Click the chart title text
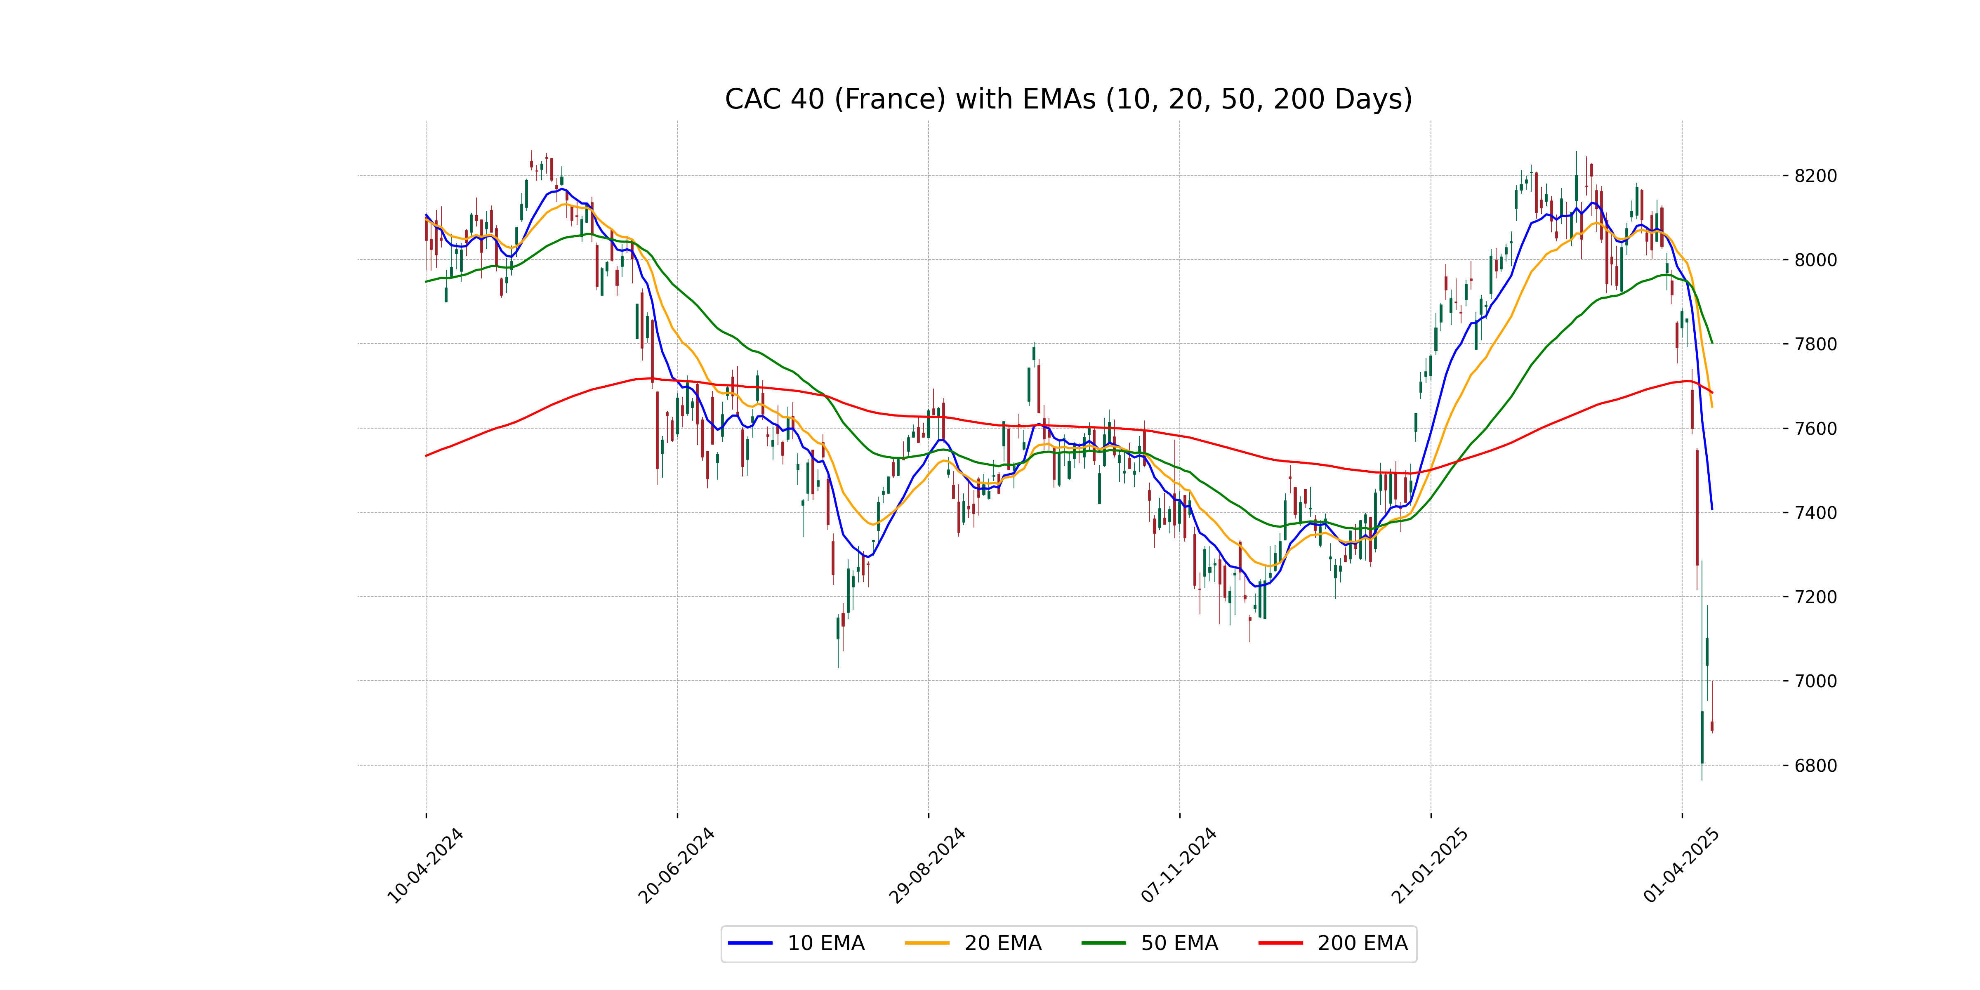(x=1068, y=99)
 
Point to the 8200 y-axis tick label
(x=1815, y=176)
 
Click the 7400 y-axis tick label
(x=1815, y=513)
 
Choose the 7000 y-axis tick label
(x=1815, y=681)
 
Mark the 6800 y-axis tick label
(x=1815, y=766)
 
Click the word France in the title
(x=890, y=99)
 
